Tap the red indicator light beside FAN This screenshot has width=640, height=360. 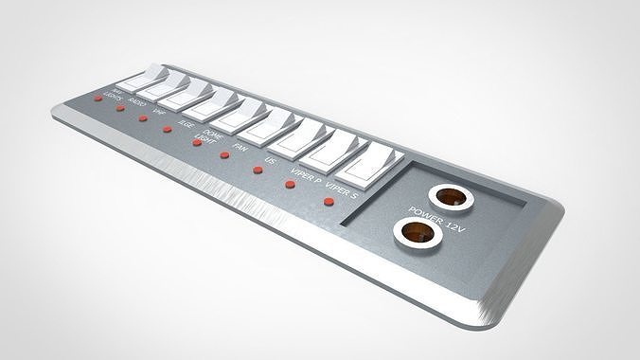(x=224, y=156)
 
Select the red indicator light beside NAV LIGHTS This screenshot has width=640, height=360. (x=98, y=99)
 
